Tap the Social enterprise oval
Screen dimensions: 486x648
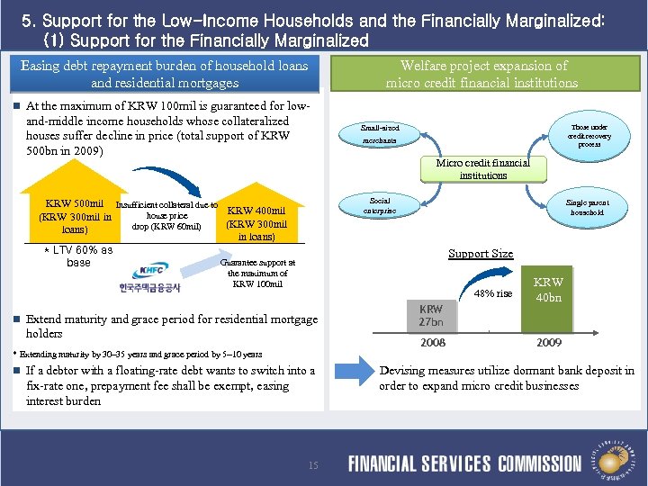379,205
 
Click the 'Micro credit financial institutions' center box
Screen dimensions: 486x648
483,168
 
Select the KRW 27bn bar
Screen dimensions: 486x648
431,316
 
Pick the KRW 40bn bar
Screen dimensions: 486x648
548,301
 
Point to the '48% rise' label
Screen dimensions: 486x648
492,294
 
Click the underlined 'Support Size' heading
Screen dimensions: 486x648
481,254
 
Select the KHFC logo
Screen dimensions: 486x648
149,277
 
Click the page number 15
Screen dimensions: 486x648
313,465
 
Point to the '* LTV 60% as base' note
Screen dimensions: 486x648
78,256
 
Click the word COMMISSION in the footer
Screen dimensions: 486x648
539,464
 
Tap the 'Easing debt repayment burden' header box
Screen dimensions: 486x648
164,74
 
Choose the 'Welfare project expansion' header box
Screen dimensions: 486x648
482,74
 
